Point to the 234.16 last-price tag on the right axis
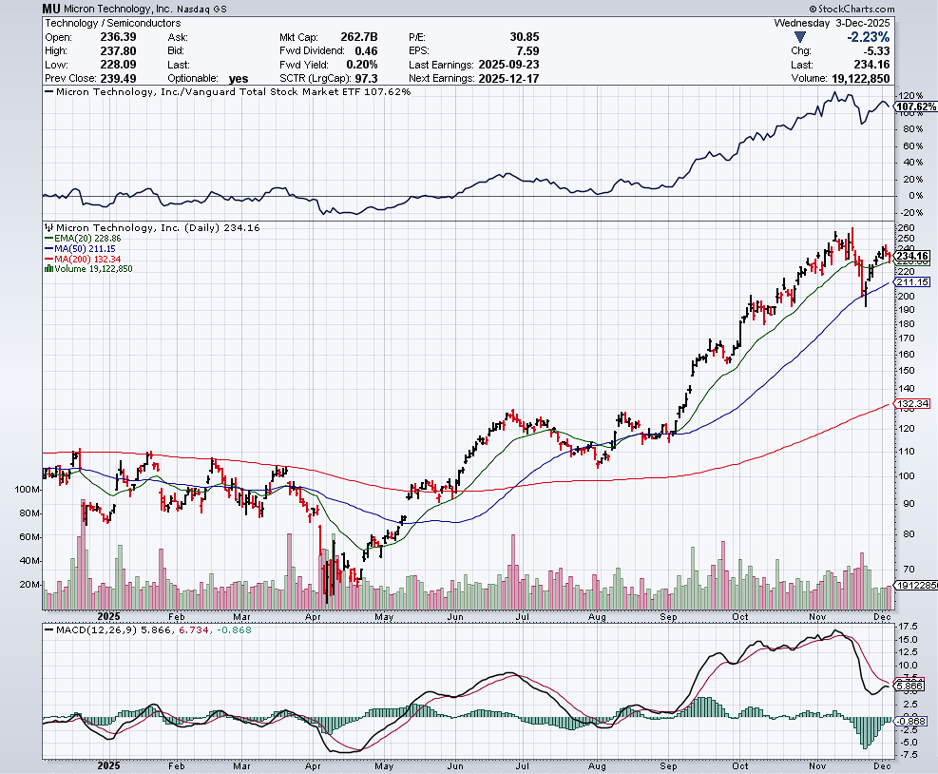click(x=911, y=256)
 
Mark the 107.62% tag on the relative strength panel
click(x=911, y=106)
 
